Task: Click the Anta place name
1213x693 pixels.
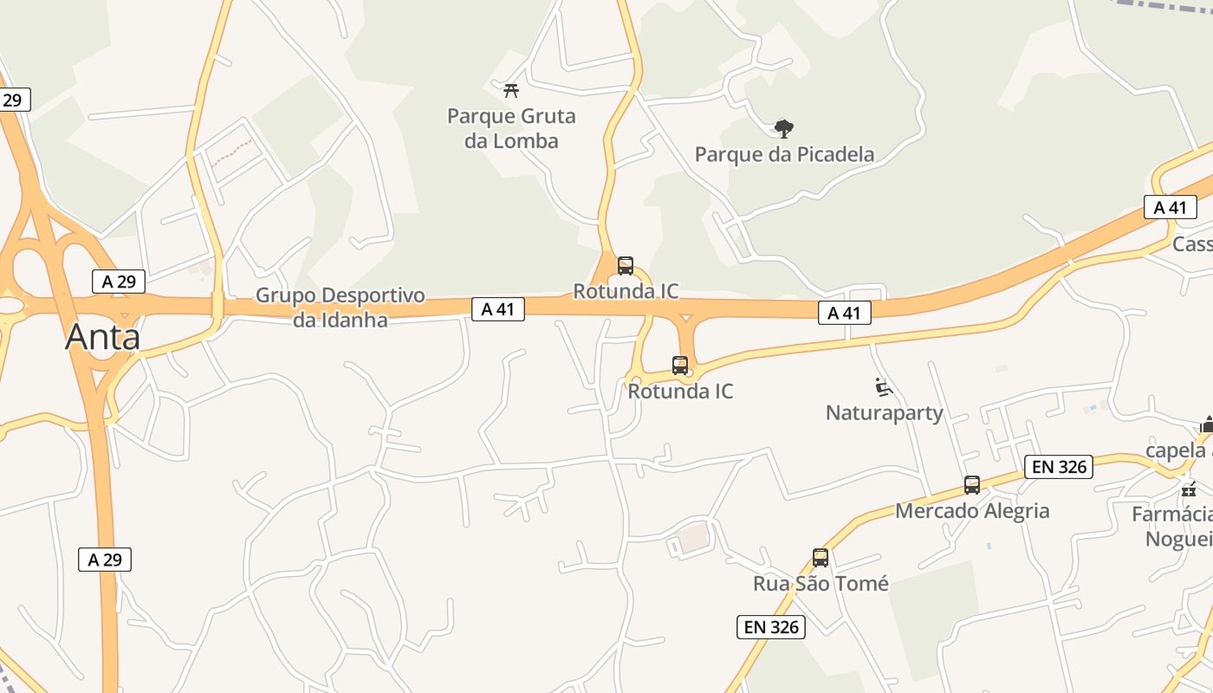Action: click(x=102, y=336)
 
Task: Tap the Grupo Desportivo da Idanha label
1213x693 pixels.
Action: click(x=340, y=307)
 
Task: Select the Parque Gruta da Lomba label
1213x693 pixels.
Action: click(x=511, y=128)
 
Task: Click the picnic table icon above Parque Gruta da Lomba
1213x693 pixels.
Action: click(x=511, y=89)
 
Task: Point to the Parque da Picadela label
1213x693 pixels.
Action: click(x=784, y=154)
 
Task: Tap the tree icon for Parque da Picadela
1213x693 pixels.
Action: click(x=783, y=129)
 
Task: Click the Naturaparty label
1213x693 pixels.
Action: click(x=884, y=412)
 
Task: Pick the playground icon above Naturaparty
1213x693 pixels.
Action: click(x=883, y=387)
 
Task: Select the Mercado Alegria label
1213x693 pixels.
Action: click(x=972, y=510)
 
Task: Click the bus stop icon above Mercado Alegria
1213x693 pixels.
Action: click(x=972, y=485)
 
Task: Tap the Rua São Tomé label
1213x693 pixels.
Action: click(x=821, y=583)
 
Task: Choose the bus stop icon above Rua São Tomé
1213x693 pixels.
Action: click(x=820, y=558)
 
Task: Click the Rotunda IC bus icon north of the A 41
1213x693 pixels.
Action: click(x=626, y=266)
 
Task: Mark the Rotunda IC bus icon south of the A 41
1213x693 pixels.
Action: click(x=680, y=366)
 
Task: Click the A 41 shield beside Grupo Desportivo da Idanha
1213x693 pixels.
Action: click(x=498, y=308)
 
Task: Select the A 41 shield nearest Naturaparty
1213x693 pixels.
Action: click(x=844, y=313)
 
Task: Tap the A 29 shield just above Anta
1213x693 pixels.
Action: click(x=119, y=281)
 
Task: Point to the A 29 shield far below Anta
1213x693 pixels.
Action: click(x=105, y=560)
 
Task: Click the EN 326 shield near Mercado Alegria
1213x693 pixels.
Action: click(x=1058, y=467)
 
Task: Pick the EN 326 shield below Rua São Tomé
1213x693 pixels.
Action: click(x=771, y=627)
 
